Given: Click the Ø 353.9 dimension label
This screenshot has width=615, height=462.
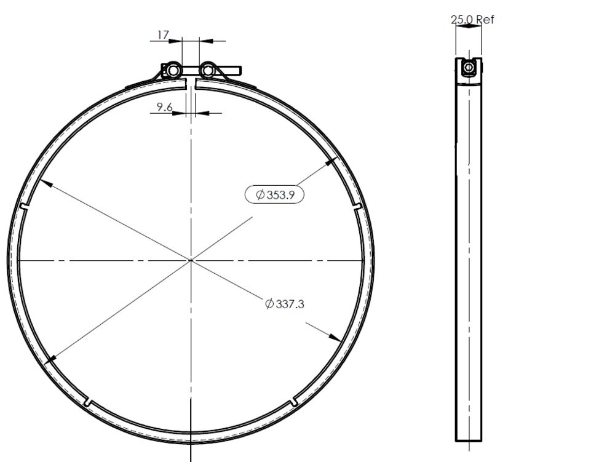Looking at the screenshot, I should point(275,195).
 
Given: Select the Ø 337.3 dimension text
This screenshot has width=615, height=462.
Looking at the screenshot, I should point(284,303).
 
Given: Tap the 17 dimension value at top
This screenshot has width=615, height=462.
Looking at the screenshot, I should point(162,36).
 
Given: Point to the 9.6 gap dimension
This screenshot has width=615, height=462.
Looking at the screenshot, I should point(164,107).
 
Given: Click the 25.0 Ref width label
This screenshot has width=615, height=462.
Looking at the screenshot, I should point(472,20).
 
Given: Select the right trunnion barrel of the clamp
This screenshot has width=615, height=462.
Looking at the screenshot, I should point(208,71).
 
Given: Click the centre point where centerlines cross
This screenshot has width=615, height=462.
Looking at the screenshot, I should point(191,260).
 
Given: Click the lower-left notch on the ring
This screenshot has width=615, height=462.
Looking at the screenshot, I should point(89,402).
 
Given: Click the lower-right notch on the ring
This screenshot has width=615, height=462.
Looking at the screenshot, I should point(295,402).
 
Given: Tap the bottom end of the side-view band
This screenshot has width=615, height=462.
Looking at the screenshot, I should point(469,439).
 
